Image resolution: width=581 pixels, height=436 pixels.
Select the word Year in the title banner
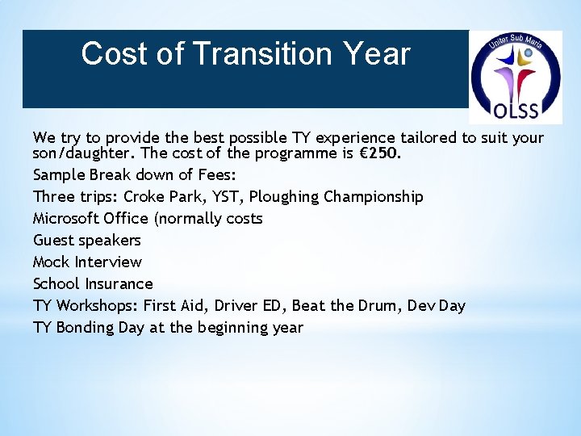[x=376, y=54]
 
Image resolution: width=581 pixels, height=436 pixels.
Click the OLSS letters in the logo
[x=516, y=108]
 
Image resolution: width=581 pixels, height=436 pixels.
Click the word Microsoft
[x=65, y=218]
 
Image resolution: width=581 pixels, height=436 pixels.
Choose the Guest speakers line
[x=86, y=240]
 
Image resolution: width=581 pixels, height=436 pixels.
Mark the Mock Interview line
[x=86, y=262]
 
